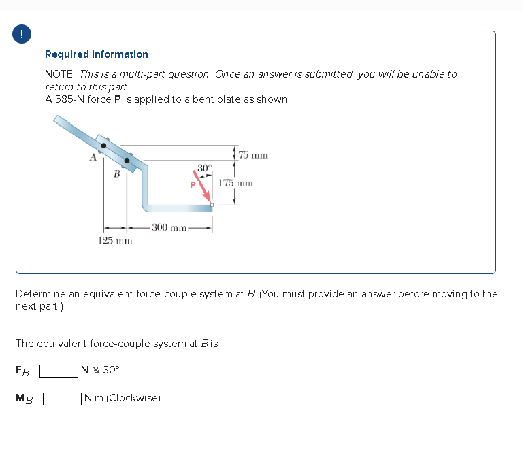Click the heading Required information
pos(96,54)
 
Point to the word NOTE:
pos(60,73)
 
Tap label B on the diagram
pos(116,174)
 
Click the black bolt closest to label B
pos(126,161)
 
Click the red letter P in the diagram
pos(193,184)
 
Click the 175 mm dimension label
pos(236,183)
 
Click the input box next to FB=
pos(58,371)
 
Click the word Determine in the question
pos(40,294)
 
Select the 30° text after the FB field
pos(110,371)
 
